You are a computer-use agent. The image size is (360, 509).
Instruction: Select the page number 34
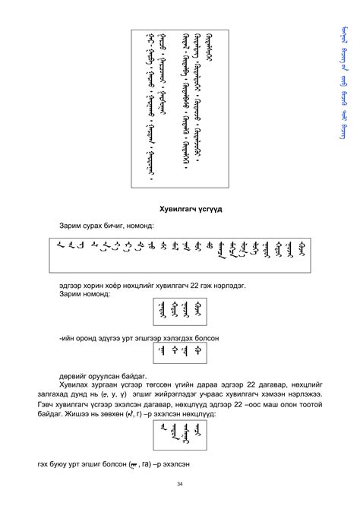pyautogui.click(x=179, y=484)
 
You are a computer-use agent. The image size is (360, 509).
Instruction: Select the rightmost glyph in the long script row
pyautogui.click(x=302, y=248)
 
